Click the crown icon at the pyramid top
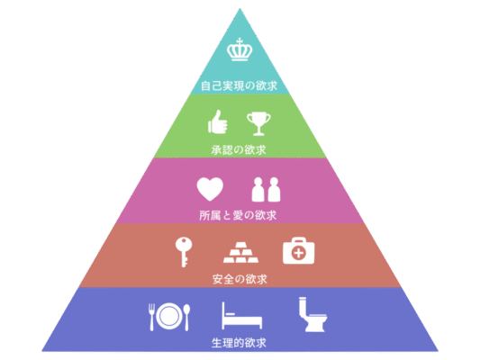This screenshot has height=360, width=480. click(240, 49)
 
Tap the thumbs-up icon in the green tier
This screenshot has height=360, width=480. click(218, 122)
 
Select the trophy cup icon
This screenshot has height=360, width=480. click(258, 123)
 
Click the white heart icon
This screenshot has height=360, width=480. click(210, 189)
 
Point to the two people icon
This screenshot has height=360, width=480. click(266, 189)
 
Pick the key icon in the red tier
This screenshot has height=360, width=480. click(184, 252)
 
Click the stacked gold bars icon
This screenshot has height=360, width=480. click(241, 252)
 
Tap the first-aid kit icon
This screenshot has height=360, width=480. click(299, 250)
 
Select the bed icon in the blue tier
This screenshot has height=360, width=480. click(242, 316)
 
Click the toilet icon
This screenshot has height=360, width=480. click(312, 314)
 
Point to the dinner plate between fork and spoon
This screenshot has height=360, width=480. click(168, 316)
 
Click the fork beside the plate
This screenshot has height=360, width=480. click(152, 317)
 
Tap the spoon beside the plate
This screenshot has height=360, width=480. click(186, 318)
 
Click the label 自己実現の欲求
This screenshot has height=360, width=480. click(239, 85)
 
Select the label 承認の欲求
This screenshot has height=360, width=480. click(239, 150)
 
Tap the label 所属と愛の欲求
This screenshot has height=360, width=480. click(238, 215)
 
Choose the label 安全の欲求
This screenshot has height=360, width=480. click(240, 279)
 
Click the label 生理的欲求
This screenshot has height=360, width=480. click(239, 343)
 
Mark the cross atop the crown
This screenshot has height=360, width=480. click(240, 41)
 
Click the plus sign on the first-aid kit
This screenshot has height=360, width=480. click(299, 253)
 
